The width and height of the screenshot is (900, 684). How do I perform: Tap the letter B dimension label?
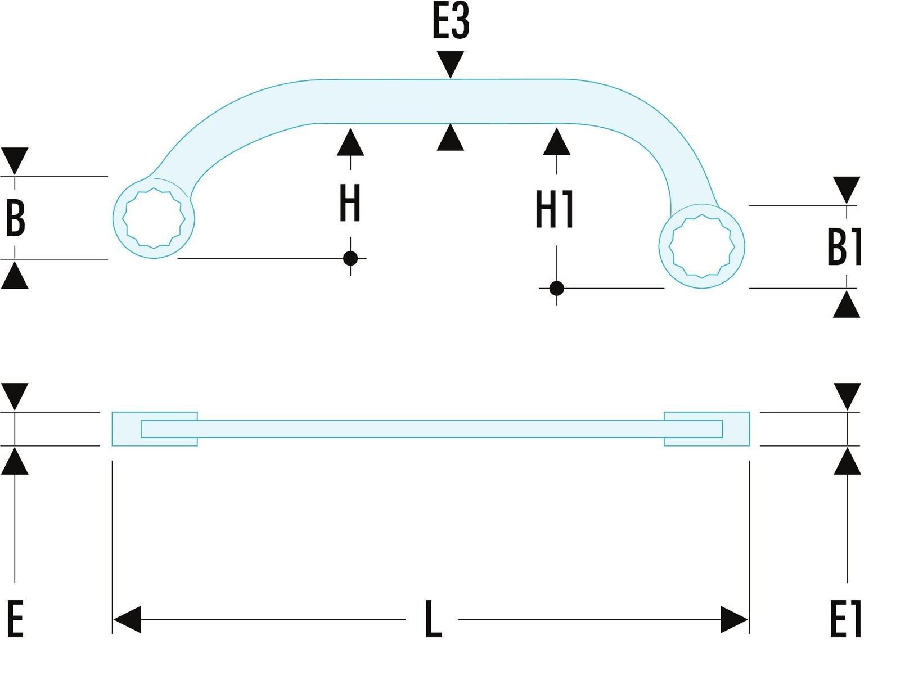coord(16,218)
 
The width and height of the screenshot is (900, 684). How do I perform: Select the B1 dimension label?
coord(845,246)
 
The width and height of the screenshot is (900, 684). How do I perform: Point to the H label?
coord(350,203)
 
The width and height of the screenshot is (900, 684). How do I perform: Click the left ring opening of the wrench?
coord(154,218)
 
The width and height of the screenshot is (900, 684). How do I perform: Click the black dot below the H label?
coord(350,258)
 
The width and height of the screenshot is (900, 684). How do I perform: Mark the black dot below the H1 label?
coord(556,288)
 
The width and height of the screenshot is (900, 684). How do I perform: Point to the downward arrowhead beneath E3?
coord(450,64)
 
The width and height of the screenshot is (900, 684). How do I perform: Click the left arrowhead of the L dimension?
coord(127,620)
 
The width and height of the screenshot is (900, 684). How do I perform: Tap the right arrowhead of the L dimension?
coord(735,620)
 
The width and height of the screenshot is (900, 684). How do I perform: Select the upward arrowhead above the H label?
coord(350,142)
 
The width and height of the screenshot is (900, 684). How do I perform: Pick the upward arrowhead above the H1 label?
coord(556,142)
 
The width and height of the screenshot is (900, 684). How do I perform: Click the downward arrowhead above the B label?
coord(15,161)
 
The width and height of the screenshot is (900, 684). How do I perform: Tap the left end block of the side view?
coord(155,429)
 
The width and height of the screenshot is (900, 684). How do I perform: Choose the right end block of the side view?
coord(706,429)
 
